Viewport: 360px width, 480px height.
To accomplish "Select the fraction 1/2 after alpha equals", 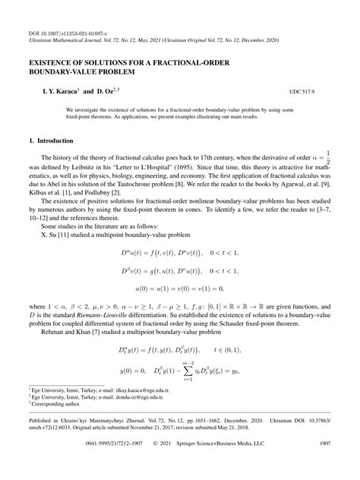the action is pos(327,159).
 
